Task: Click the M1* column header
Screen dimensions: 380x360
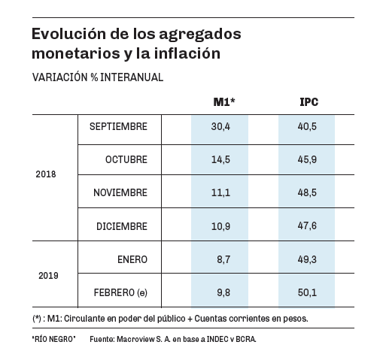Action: pos(224,102)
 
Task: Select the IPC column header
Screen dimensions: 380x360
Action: pos(309,102)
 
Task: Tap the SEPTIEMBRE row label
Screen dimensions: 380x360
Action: pos(118,126)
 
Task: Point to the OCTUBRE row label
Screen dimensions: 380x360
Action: pos(126,159)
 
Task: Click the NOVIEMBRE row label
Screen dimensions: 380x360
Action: pos(120,192)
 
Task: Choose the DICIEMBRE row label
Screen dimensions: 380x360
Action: pos(122,226)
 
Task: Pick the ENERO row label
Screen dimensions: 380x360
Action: pos(132,259)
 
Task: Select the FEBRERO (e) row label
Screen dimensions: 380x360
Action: pos(120,292)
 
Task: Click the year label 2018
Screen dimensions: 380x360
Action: pos(46,174)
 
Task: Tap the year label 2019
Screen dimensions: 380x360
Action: pos(48,276)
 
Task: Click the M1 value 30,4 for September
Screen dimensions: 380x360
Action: pos(220,126)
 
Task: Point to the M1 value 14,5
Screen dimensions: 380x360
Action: pos(220,159)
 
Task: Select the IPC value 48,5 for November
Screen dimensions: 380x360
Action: pos(307,192)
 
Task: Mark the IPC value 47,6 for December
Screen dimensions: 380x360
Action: pos(307,225)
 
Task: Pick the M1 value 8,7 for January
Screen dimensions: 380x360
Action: pos(223,259)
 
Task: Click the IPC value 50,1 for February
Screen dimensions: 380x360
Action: pos(307,292)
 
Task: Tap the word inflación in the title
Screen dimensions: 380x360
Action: pos(187,53)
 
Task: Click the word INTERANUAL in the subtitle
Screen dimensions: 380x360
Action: pos(132,77)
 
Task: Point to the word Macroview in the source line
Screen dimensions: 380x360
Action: pos(135,339)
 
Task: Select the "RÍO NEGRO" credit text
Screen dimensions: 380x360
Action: pos(53,339)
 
